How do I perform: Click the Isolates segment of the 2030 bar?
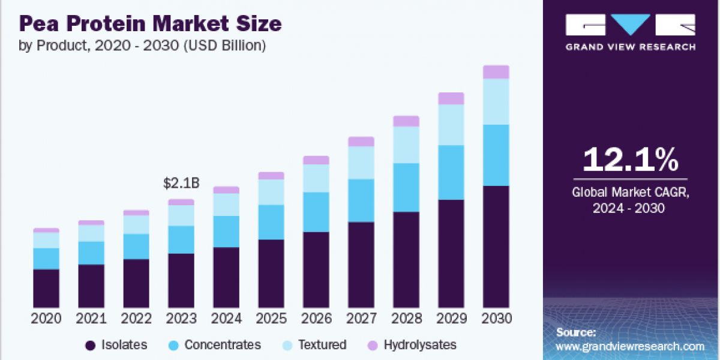click(x=496, y=247)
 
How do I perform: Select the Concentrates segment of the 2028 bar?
click(x=406, y=187)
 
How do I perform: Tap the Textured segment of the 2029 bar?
click(x=451, y=125)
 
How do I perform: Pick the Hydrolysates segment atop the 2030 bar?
click(x=496, y=72)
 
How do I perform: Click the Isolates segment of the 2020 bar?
click(x=46, y=288)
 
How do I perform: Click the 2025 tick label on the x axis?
click(x=271, y=319)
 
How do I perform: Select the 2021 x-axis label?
click(x=91, y=319)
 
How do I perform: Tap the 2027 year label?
click(x=361, y=319)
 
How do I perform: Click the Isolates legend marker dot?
click(x=91, y=345)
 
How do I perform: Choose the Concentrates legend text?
click(x=223, y=345)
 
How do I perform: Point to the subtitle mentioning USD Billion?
click(x=143, y=46)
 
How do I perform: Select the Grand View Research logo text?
click(x=631, y=47)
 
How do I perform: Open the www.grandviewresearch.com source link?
click(x=630, y=346)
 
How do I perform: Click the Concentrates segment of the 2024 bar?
click(x=226, y=231)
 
